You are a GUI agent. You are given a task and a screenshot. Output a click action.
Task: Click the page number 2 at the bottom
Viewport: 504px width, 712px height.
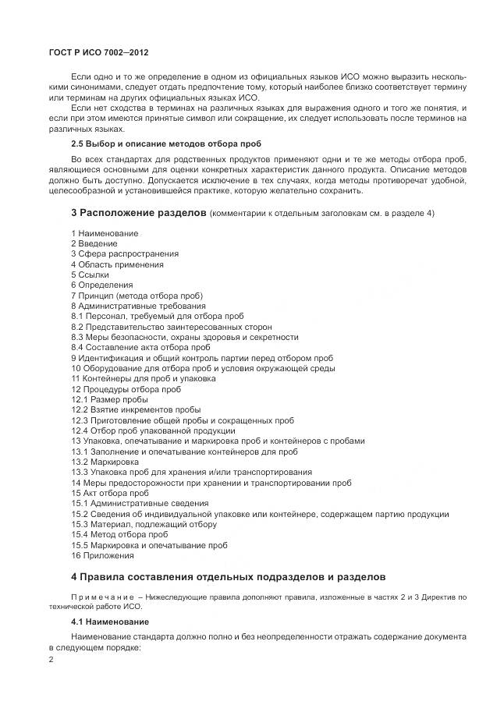[51, 659]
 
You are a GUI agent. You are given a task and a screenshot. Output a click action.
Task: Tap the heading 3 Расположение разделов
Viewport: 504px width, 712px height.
[139, 213]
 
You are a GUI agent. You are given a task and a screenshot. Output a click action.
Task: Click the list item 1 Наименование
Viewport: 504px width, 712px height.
[105, 233]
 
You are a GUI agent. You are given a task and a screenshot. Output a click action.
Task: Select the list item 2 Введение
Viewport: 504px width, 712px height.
[94, 243]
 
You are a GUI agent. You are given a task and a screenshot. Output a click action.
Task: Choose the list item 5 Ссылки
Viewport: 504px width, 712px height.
[91, 275]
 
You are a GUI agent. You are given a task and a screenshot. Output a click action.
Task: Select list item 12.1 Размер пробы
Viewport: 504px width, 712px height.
[109, 399]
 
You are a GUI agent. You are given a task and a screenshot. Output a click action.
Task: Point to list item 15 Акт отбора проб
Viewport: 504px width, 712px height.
[110, 493]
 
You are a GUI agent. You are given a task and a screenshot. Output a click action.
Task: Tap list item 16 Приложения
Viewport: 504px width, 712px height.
[103, 555]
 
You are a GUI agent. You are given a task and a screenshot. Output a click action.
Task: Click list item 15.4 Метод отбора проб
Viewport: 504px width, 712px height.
[119, 534]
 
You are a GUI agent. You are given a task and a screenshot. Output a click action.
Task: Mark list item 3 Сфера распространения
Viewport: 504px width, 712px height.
[125, 254]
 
